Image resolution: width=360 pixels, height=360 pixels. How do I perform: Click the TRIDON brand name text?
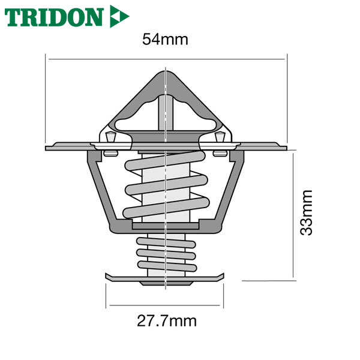(54, 17)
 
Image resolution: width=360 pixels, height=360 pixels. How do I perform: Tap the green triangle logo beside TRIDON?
(119, 16)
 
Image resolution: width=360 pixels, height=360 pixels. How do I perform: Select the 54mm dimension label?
(165, 39)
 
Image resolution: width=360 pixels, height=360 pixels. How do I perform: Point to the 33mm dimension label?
(307, 212)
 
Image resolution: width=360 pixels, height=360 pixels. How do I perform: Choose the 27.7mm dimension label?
(167, 321)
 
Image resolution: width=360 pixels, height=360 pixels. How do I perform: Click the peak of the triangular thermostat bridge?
(166, 71)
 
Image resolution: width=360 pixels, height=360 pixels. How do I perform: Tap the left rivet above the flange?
(110, 137)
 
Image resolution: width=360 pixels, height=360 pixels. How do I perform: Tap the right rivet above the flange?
(219, 137)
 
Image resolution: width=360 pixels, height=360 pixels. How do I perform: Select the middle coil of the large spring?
(167, 185)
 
